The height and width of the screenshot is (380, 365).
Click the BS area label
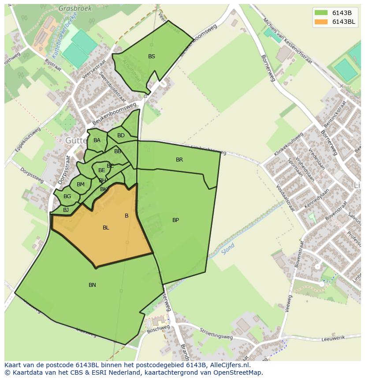152,56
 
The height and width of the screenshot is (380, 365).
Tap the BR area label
179,160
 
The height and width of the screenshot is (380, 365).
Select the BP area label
175,220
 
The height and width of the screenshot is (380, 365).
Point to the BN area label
92,285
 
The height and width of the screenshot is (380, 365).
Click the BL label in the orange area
106,228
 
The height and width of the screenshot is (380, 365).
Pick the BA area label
97,140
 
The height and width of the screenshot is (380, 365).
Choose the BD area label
121,135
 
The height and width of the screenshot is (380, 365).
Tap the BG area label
67,196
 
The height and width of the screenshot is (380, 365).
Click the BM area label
80,184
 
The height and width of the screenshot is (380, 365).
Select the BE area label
102,170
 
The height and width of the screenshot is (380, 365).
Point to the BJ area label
66,210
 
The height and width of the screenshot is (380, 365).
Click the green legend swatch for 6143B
321,13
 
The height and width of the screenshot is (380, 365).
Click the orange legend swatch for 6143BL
321,22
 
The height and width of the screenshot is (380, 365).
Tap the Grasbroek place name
74,8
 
